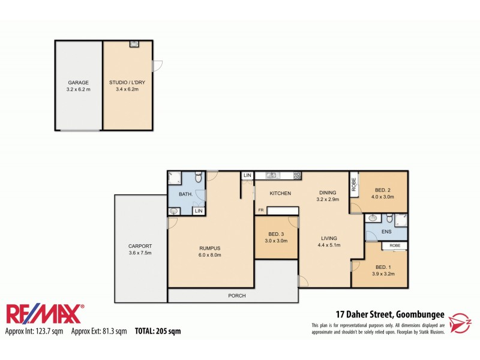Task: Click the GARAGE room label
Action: pos(79,82)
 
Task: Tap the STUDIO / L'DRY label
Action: pos(127,82)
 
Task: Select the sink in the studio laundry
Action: pos(134,44)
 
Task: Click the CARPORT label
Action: pos(140,246)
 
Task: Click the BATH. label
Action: pos(186,194)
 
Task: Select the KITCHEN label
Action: pos(280,193)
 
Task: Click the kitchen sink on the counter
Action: pos(272,175)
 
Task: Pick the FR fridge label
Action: pos(261,210)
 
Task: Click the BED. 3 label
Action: pos(276,233)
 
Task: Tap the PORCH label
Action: pos(237,296)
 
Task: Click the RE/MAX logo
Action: pos(46,314)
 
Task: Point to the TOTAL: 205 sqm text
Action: pos(157,331)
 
